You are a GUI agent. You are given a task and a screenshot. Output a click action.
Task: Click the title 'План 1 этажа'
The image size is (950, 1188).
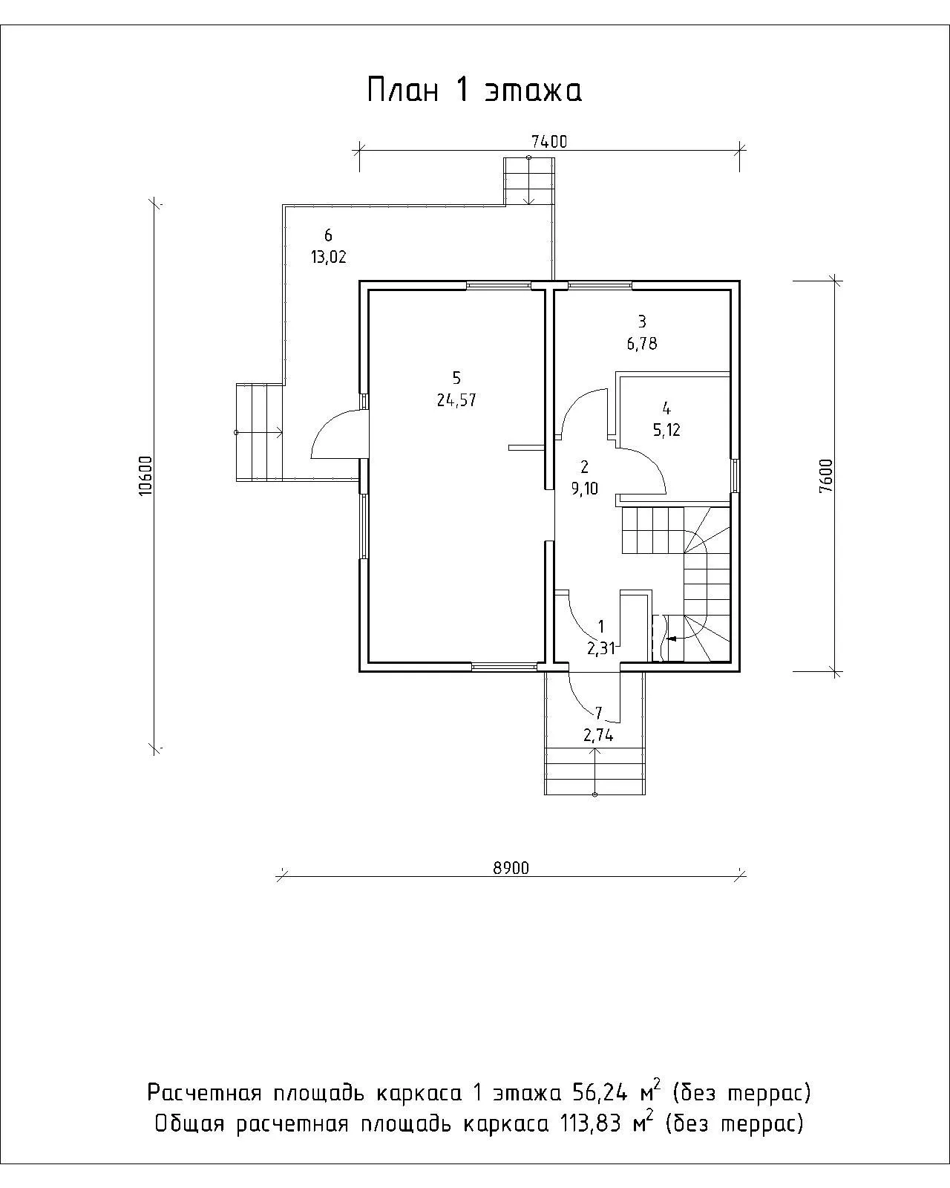(x=475, y=90)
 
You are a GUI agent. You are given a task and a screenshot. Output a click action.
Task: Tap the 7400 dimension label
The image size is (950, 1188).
(x=548, y=142)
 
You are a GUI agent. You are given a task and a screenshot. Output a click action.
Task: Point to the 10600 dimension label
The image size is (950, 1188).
(x=145, y=475)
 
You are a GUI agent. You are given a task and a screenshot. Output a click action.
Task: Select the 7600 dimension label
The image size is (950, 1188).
(x=826, y=475)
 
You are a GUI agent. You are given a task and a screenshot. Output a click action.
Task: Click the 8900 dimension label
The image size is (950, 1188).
(x=511, y=869)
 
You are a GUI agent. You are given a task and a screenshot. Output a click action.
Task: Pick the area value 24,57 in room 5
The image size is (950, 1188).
(x=456, y=400)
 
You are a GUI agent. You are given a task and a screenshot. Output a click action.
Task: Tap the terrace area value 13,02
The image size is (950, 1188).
(x=329, y=257)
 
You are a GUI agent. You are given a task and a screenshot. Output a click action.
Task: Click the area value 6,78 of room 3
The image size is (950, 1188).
(x=641, y=344)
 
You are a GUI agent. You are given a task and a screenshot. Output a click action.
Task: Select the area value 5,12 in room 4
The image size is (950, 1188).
(x=666, y=430)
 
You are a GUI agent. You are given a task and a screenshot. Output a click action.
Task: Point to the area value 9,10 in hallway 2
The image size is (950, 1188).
(x=584, y=489)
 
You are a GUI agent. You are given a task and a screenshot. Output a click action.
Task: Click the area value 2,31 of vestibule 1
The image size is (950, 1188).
(x=600, y=648)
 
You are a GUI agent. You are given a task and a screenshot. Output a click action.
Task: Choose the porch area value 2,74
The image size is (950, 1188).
(x=597, y=735)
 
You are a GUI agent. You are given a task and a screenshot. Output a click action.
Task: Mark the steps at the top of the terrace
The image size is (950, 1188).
(x=529, y=181)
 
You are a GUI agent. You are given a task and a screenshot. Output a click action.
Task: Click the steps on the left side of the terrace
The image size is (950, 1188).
(x=260, y=432)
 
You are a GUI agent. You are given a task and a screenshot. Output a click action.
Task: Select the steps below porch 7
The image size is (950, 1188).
(x=594, y=771)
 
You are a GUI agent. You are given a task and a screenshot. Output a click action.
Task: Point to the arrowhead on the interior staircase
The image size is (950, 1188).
(x=672, y=639)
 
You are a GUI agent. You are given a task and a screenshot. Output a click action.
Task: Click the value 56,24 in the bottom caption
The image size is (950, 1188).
(x=600, y=1092)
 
